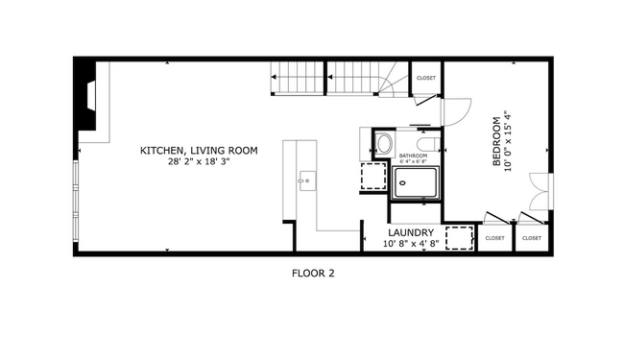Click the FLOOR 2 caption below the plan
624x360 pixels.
tap(312, 273)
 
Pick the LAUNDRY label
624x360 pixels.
tap(412, 232)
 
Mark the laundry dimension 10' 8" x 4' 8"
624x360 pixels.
tap(412, 244)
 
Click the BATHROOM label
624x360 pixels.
tap(413, 155)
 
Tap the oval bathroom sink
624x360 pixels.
tap(383, 145)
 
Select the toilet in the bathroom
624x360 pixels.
tap(429, 144)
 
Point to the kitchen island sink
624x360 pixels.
tap(305, 179)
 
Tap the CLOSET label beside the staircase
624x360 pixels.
tap(425, 78)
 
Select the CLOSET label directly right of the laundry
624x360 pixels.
tap(494, 237)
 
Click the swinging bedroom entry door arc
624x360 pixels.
tap(455, 110)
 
